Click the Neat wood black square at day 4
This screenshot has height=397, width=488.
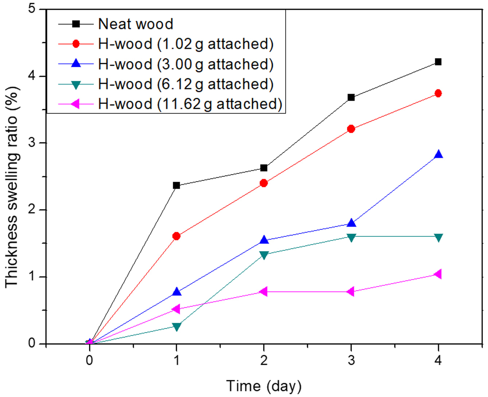pos(438,62)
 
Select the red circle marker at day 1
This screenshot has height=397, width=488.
pos(176,236)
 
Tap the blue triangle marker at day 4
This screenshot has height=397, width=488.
pos(438,154)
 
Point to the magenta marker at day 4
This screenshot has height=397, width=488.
pos(437,274)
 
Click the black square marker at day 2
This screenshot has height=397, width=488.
pos(264,168)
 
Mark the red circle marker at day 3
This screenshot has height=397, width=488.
pos(351,129)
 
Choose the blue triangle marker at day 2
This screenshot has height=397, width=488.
pos(264,239)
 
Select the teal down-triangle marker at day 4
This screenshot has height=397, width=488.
pos(438,238)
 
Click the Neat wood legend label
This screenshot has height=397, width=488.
pos(136,24)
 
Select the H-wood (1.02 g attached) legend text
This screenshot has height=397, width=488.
pos(186,44)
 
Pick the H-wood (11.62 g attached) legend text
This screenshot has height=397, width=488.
pos(190,104)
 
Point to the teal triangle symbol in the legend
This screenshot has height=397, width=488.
pos(76,85)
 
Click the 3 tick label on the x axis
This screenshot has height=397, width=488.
pos(351,360)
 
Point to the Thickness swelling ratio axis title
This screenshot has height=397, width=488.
pos(11,187)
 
